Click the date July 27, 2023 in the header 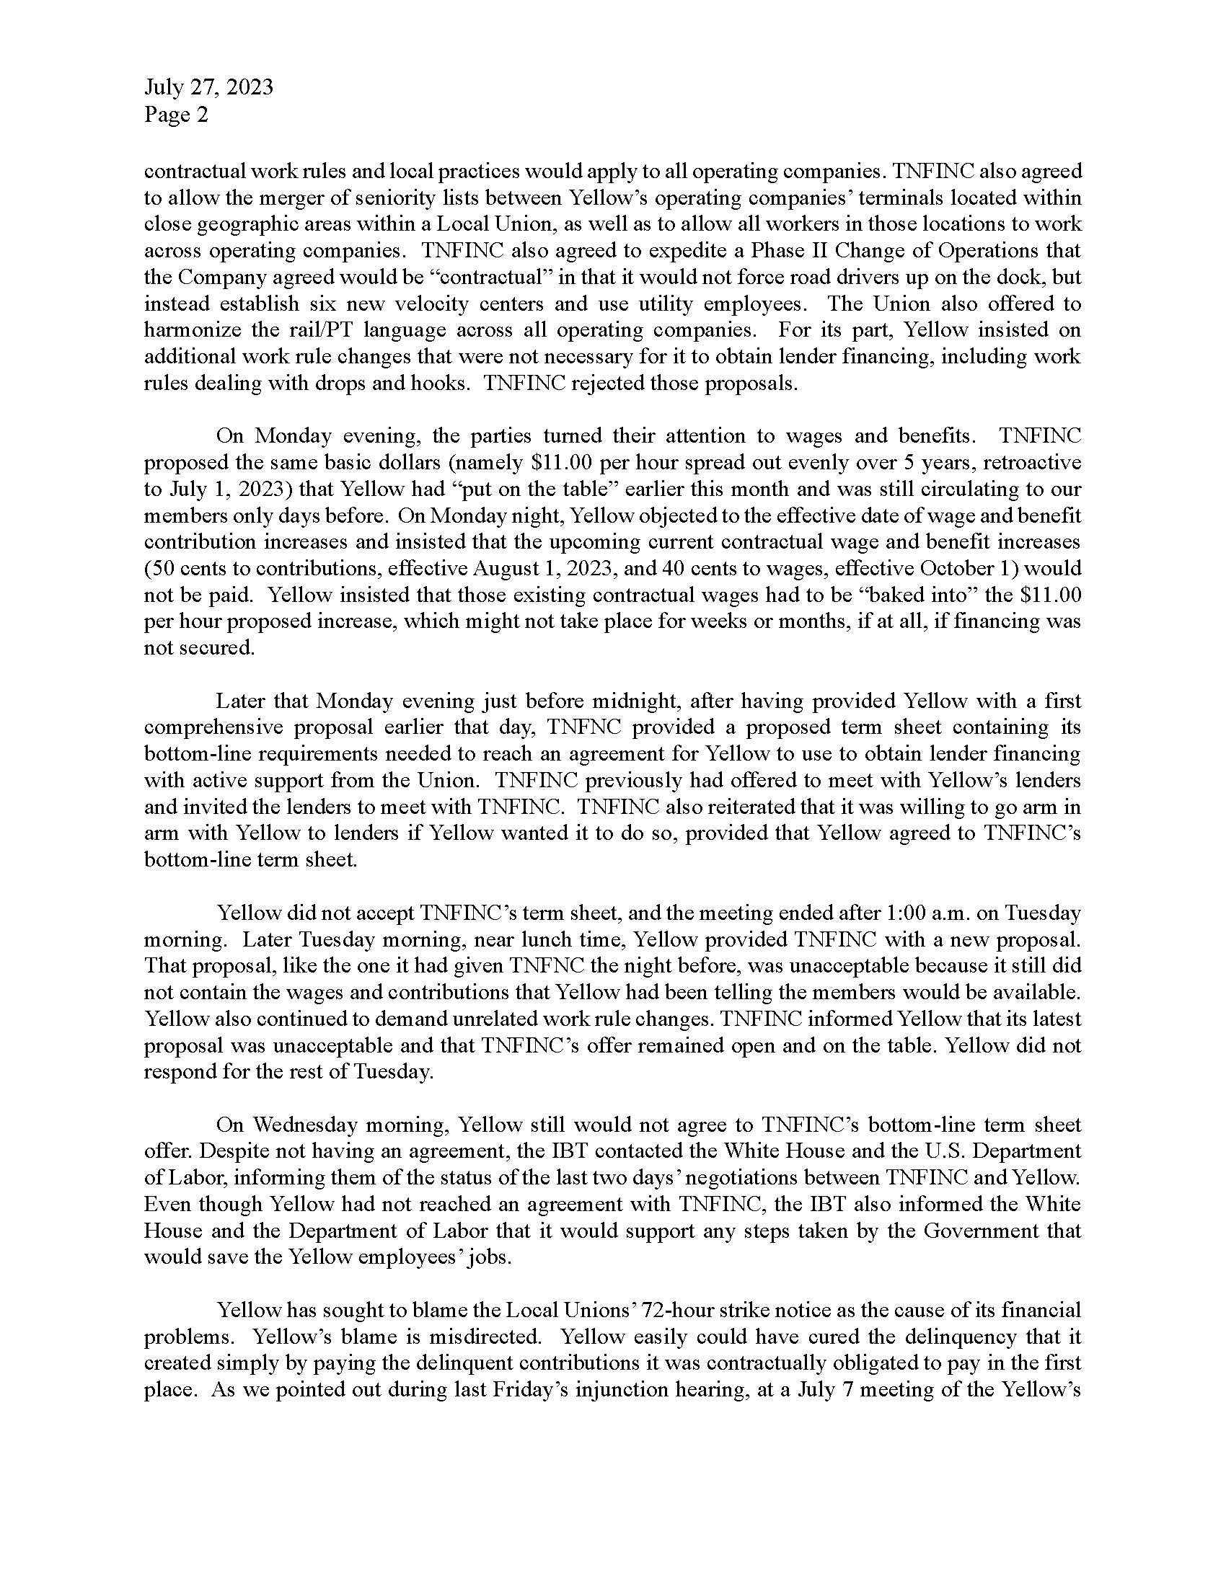(208, 87)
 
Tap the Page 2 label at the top (176, 114)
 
